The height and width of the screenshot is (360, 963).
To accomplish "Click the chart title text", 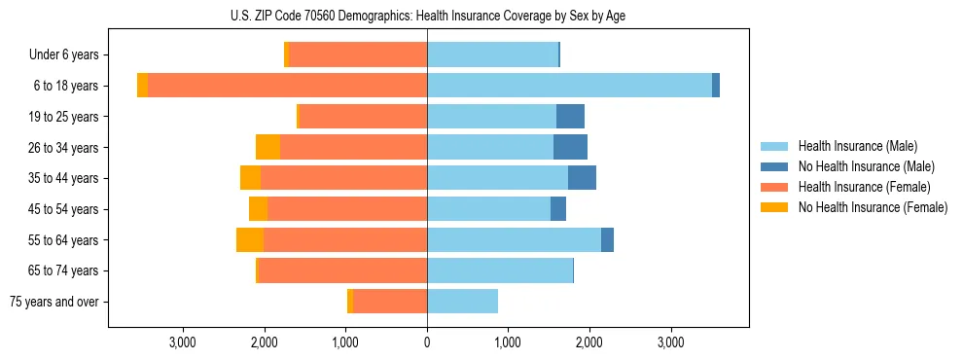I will pyautogui.click(x=427, y=16).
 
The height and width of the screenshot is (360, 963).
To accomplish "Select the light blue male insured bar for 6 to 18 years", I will pyautogui.click(x=569, y=86).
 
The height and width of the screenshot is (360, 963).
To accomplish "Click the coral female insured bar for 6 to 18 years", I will pyautogui.click(x=287, y=86).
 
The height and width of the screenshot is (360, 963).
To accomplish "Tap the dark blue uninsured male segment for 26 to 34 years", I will pyautogui.click(x=570, y=147).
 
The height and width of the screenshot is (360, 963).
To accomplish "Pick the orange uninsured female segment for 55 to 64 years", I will pyautogui.click(x=250, y=239).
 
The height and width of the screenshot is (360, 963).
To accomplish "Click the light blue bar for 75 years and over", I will pyautogui.click(x=462, y=302).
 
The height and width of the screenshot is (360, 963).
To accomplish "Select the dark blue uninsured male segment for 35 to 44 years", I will pyautogui.click(x=582, y=178).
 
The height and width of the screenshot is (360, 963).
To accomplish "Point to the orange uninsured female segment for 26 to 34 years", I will pyautogui.click(x=267, y=147).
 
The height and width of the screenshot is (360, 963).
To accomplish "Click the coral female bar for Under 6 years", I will pyautogui.click(x=358, y=54).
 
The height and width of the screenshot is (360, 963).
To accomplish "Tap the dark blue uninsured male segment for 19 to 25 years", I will pyautogui.click(x=570, y=117).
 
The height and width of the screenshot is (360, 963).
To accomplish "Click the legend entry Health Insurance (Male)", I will pyautogui.click(x=857, y=146).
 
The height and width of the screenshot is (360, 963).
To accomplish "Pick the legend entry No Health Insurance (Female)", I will pyautogui.click(x=872, y=207).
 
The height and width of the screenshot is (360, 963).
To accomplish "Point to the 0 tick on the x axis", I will pyautogui.click(x=427, y=342).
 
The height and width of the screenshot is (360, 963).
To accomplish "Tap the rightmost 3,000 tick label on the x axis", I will pyautogui.click(x=670, y=342).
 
